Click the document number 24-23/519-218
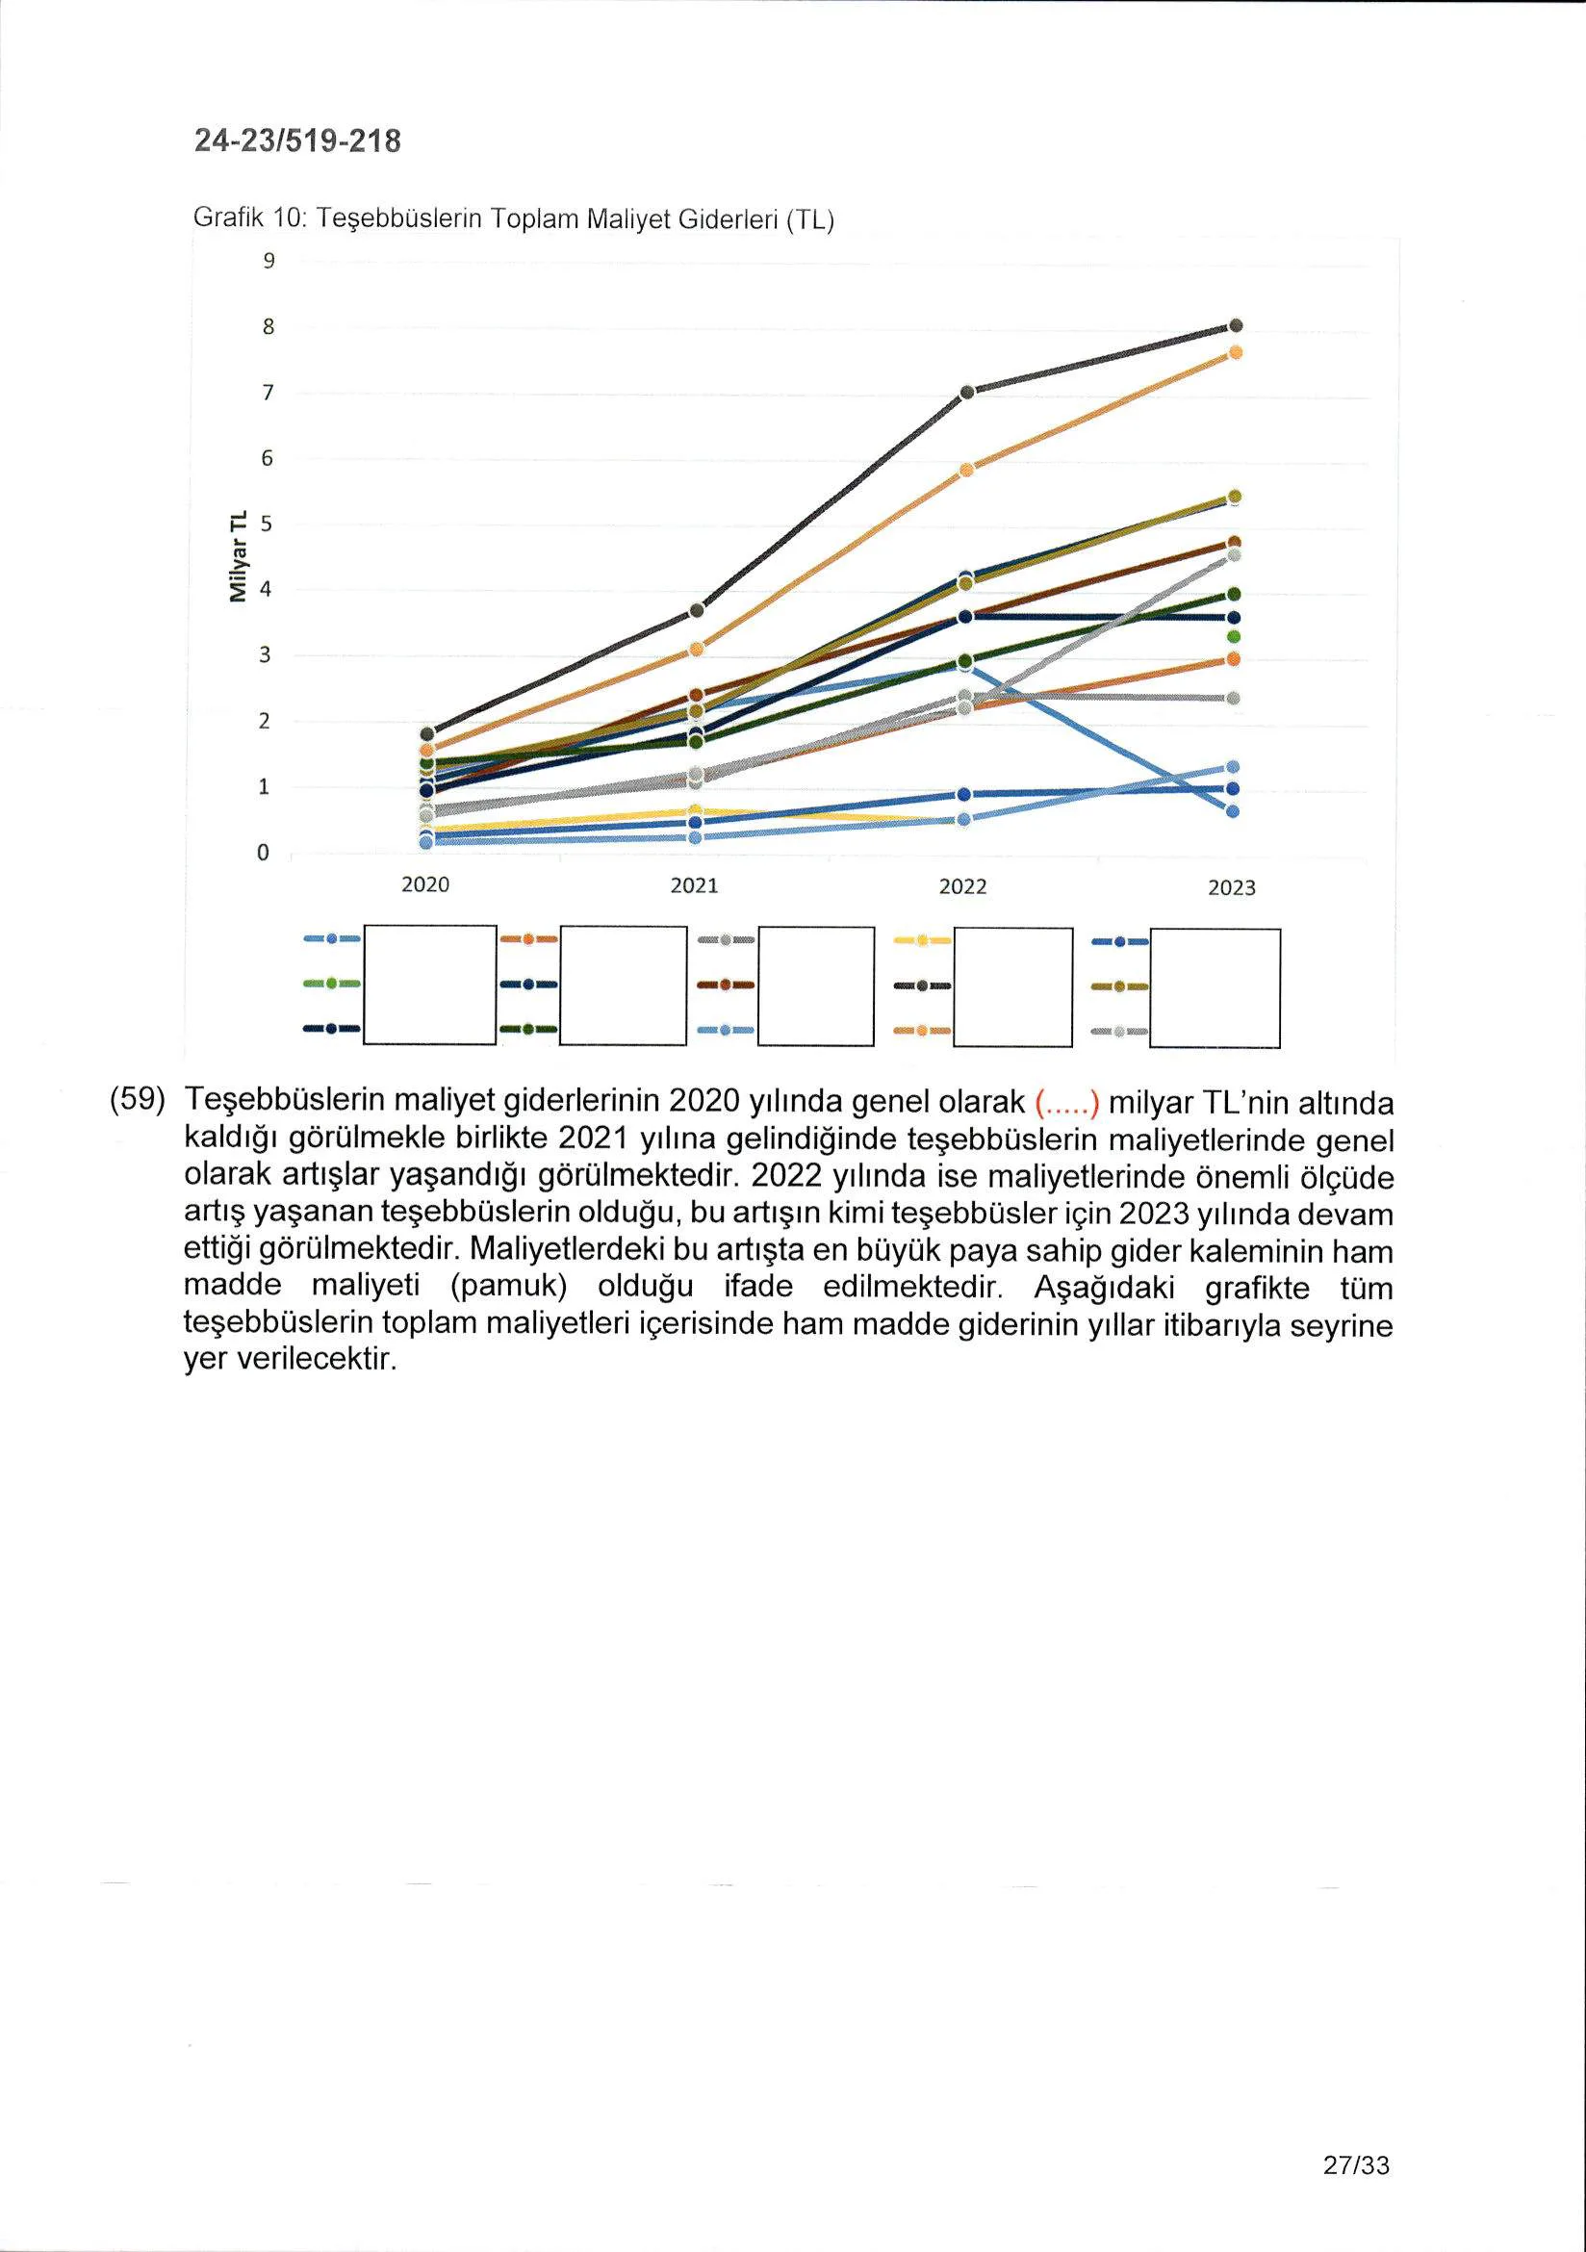(x=298, y=141)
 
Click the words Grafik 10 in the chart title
(x=249, y=217)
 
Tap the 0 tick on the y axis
(x=263, y=854)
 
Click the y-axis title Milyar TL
(x=238, y=556)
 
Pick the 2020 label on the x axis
(x=425, y=885)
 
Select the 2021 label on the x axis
(x=695, y=886)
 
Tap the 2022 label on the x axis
(x=963, y=887)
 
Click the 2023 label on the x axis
(x=1232, y=888)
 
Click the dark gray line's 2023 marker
(x=1236, y=325)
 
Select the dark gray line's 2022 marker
(x=967, y=393)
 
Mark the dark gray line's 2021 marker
(x=698, y=610)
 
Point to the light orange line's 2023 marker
(x=1236, y=353)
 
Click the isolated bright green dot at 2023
(x=1234, y=636)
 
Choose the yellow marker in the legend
(x=922, y=940)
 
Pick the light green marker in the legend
(x=331, y=983)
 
